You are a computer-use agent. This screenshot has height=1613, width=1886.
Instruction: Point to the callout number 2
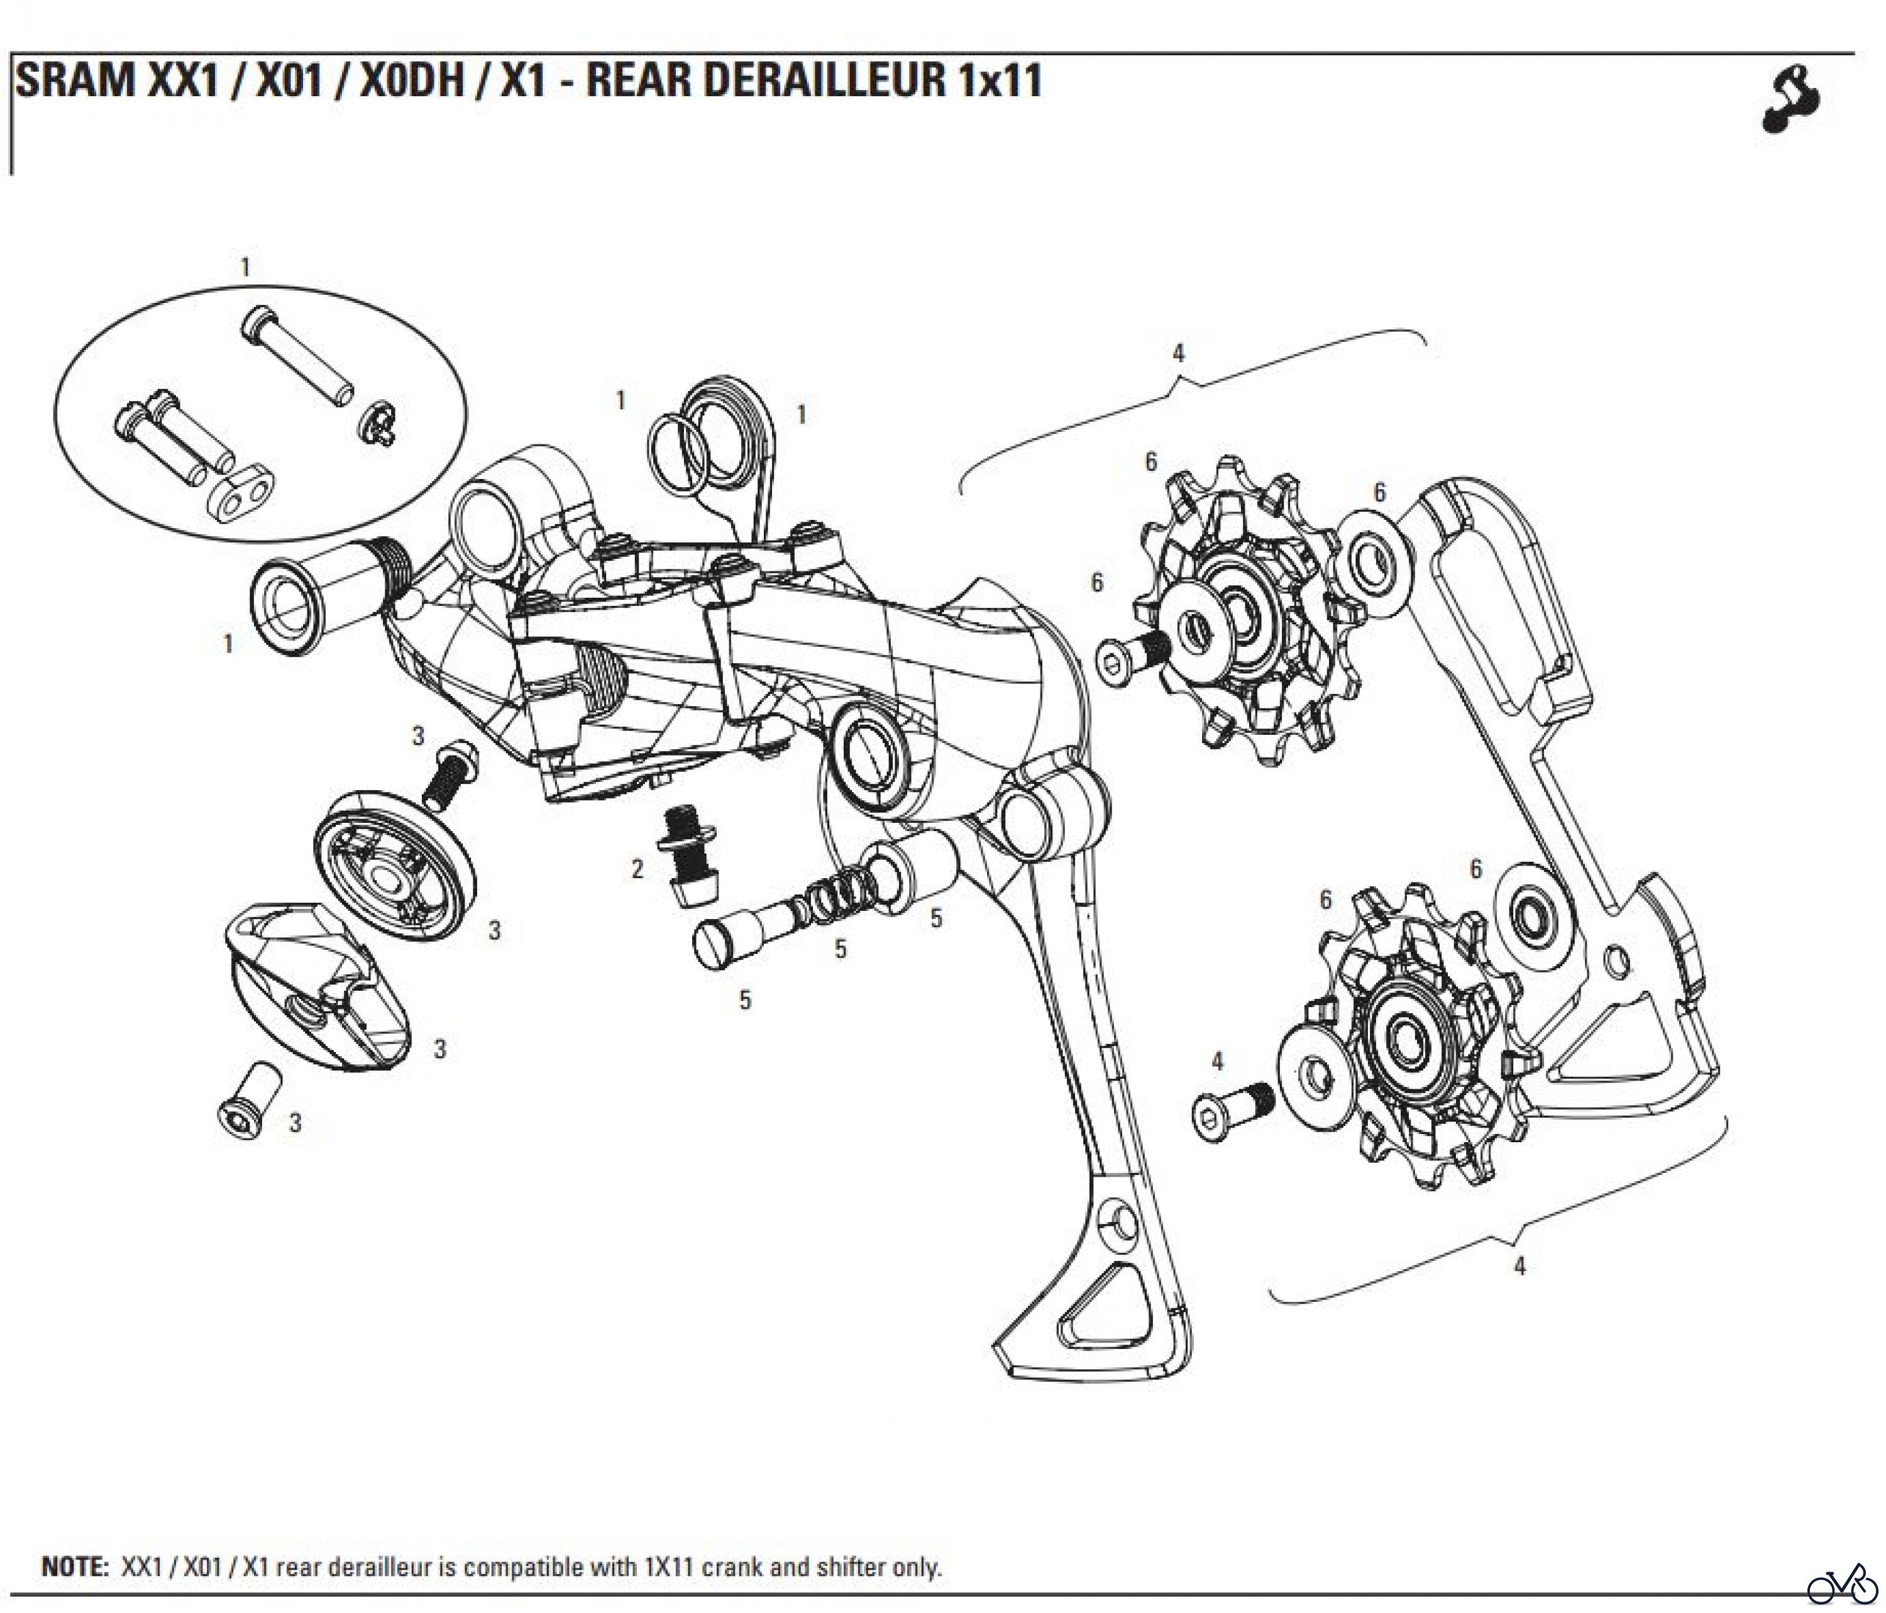(638, 869)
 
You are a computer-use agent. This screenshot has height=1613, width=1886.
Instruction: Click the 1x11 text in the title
(998, 80)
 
